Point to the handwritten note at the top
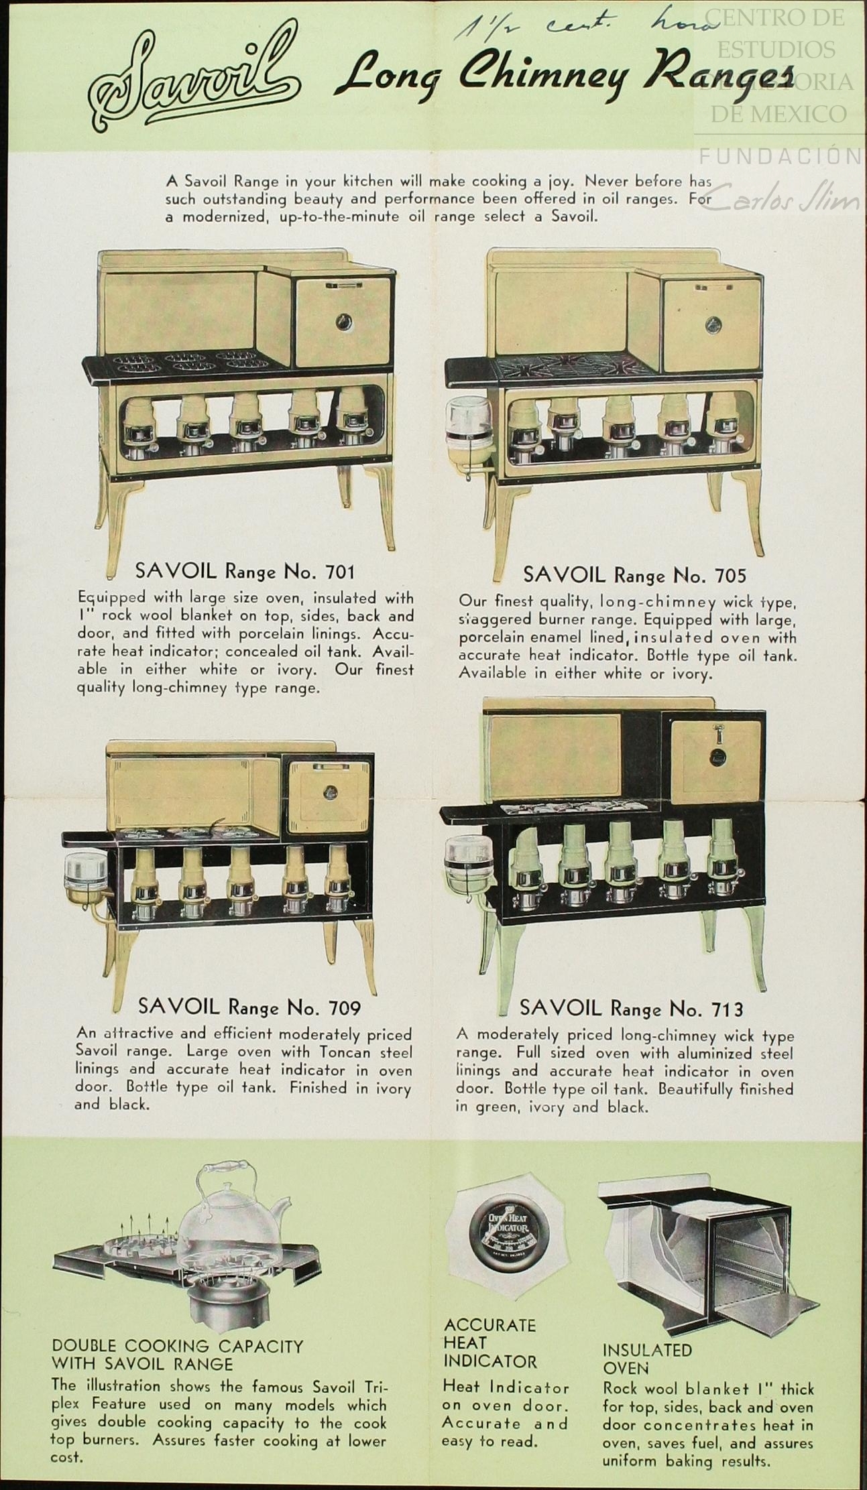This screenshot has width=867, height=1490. (x=583, y=29)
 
